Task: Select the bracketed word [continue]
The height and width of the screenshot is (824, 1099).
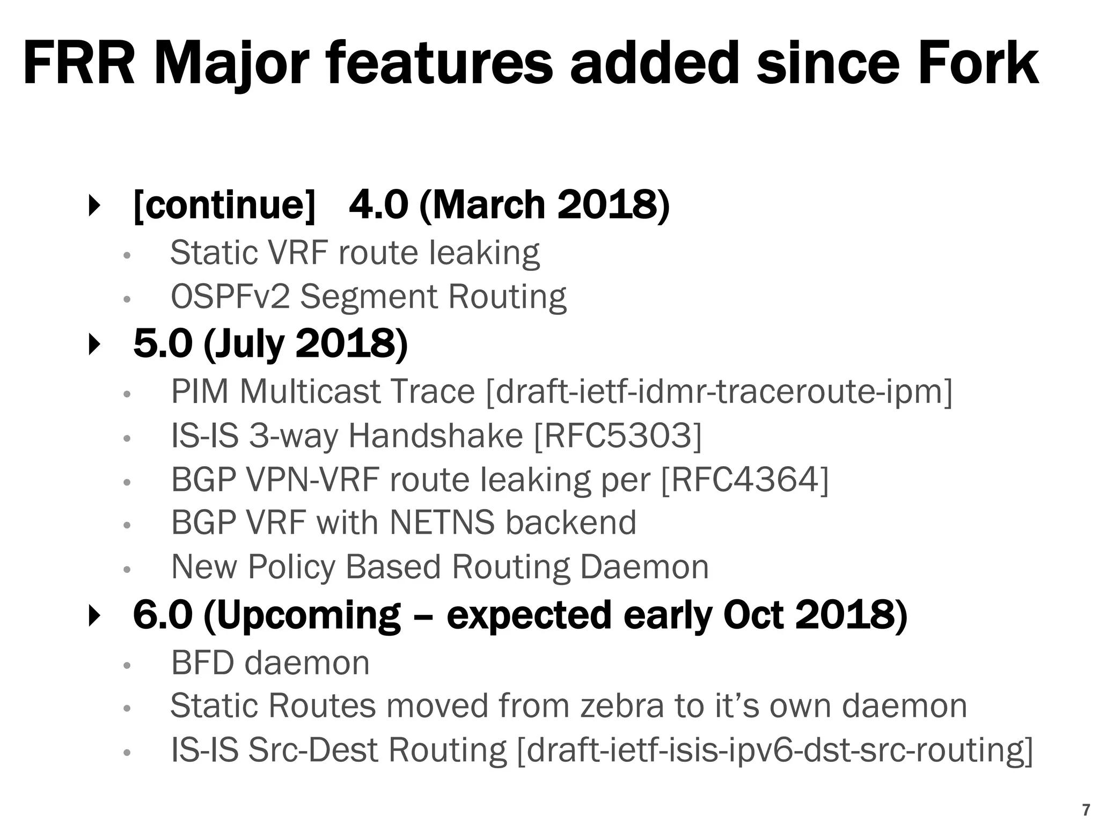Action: point(224,204)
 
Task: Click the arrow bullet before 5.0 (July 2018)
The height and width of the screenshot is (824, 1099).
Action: point(94,344)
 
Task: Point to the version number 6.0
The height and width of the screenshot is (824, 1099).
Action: point(162,615)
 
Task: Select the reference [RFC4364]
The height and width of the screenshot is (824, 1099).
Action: point(745,479)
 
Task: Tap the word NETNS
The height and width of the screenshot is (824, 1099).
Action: point(442,523)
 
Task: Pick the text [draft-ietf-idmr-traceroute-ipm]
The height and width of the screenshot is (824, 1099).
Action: point(719,392)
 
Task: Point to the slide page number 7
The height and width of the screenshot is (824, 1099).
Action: point(1086,810)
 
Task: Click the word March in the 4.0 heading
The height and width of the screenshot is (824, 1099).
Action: point(488,204)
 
